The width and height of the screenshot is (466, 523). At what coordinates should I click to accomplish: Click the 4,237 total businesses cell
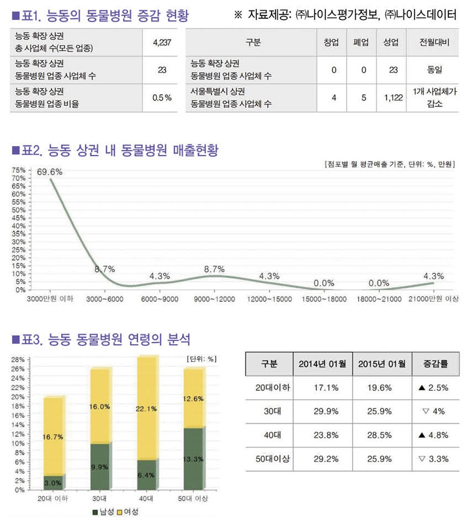pos(163,43)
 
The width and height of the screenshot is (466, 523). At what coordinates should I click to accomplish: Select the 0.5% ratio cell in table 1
pos(163,98)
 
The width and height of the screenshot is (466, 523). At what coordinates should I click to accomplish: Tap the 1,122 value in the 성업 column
pos(393,98)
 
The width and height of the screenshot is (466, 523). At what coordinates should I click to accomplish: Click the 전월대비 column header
pos(434,43)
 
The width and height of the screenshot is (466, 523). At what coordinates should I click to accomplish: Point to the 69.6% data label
pos(50,172)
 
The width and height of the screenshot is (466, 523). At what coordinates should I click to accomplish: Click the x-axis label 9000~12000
pos(214,299)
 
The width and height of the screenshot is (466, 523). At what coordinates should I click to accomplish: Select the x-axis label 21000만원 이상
pos(433,299)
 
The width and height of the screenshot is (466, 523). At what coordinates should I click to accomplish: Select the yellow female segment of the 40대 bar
pos(146,408)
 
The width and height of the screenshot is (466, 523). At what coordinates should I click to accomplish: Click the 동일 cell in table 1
pos(434,70)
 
